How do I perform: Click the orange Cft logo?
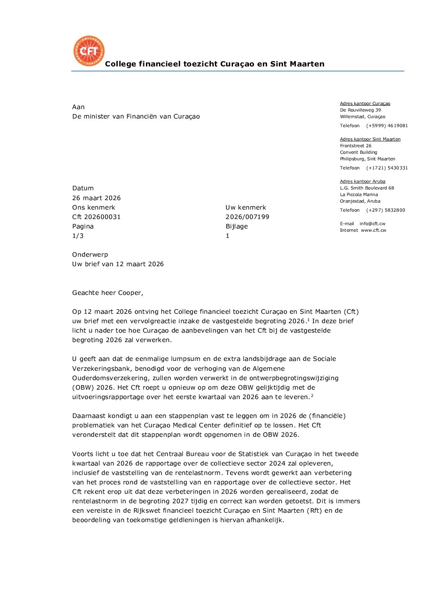coord(89,51)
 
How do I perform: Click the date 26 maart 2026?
coord(96,198)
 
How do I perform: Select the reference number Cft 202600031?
coord(96,217)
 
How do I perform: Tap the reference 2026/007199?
coord(247,217)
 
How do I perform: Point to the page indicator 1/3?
coord(78,236)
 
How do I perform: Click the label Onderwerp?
coord(90,255)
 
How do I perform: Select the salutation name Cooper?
coord(130,293)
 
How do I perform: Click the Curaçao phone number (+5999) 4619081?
coord(387,126)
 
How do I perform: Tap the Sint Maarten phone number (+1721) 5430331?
coord(387,168)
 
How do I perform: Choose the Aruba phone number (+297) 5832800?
coord(386,210)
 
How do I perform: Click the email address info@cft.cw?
coord(372,224)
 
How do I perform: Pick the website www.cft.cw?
coord(374,231)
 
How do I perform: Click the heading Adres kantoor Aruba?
coord(363,182)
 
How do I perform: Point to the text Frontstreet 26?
coord(356,146)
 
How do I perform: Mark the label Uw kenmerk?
coord(246,208)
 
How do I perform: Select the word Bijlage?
coord(237,226)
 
